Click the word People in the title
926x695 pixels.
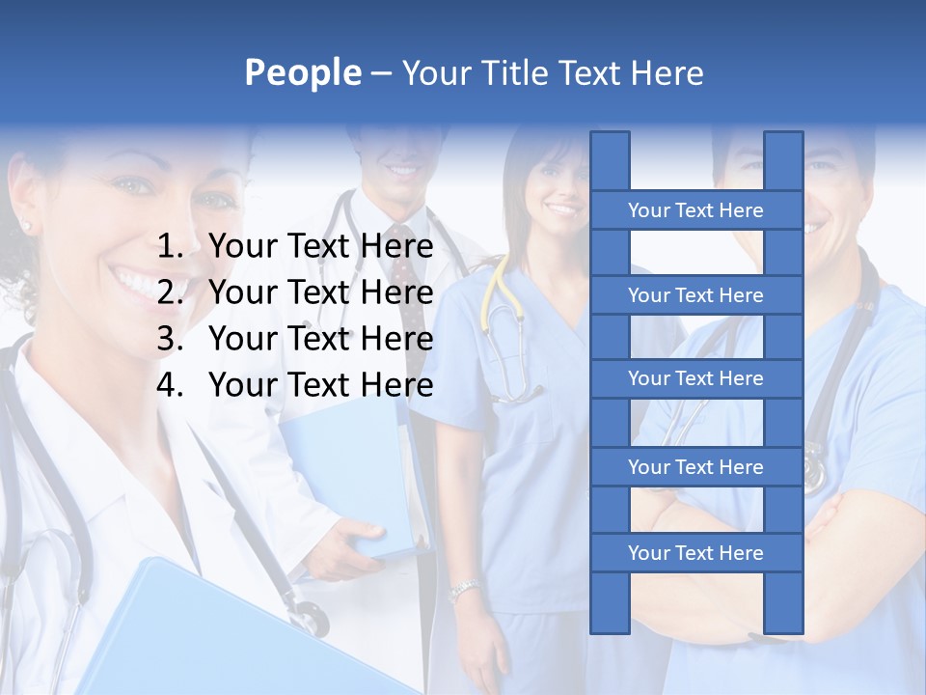pyautogui.click(x=302, y=72)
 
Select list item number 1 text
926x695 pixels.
pyautogui.click(x=320, y=247)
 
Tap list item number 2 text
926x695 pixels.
pyautogui.click(x=320, y=292)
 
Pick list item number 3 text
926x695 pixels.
pyautogui.click(x=320, y=339)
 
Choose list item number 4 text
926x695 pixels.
pyautogui.click(x=320, y=385)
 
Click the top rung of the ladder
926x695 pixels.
pyautogui.click(x=695, y=210)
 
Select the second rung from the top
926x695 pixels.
pyautogui.click(x=695, y=295)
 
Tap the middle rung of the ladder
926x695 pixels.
pyautogui.click(x=695, y=378)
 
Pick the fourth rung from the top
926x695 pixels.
pyautogui.click(x=695, y=467)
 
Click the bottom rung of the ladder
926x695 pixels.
pyautogui.click(x=695, y=553)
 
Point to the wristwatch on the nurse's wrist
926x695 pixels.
pyautogui.click(x=465, y=589)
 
